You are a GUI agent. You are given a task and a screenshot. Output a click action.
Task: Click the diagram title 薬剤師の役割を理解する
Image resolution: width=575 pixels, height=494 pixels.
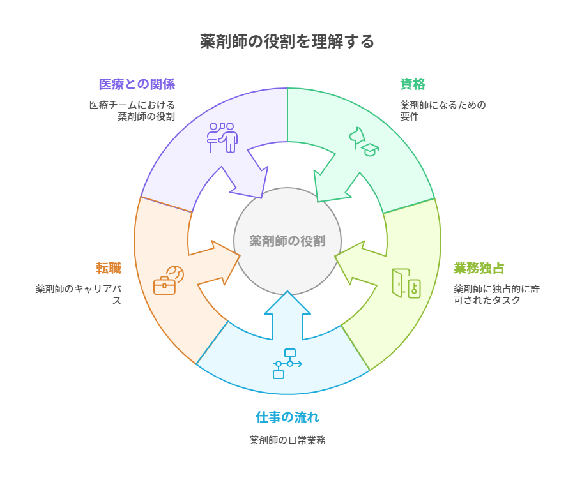(287, 41)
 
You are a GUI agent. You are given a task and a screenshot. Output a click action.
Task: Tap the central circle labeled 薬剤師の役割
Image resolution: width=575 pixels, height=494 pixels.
(287, 241)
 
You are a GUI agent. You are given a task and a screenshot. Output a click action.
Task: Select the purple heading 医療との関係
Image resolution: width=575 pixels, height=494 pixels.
(137, 84)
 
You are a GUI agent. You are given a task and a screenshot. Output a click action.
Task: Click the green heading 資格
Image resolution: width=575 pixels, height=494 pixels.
(413, 84)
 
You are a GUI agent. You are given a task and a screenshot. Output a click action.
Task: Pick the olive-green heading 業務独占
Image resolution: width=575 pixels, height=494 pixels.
(479, 268)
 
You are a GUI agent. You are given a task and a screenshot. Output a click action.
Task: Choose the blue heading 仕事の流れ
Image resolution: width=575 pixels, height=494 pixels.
(287, 417)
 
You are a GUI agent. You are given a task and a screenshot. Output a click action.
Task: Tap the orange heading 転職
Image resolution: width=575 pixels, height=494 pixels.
(109, 268)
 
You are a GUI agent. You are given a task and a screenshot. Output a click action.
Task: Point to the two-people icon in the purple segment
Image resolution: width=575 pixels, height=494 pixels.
(222, 137)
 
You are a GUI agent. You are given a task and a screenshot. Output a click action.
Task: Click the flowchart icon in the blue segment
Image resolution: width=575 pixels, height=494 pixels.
(287, 364)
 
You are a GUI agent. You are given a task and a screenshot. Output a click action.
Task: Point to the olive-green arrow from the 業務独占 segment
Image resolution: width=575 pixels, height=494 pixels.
(358, 262)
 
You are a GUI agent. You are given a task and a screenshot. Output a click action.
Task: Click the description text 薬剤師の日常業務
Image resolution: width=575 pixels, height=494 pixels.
(287, 440)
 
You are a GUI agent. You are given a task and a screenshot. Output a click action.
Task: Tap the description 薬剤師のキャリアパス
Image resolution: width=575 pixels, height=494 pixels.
(79, 294)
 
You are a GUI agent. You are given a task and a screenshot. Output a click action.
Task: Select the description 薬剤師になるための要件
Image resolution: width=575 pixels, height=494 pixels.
(443, 110)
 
